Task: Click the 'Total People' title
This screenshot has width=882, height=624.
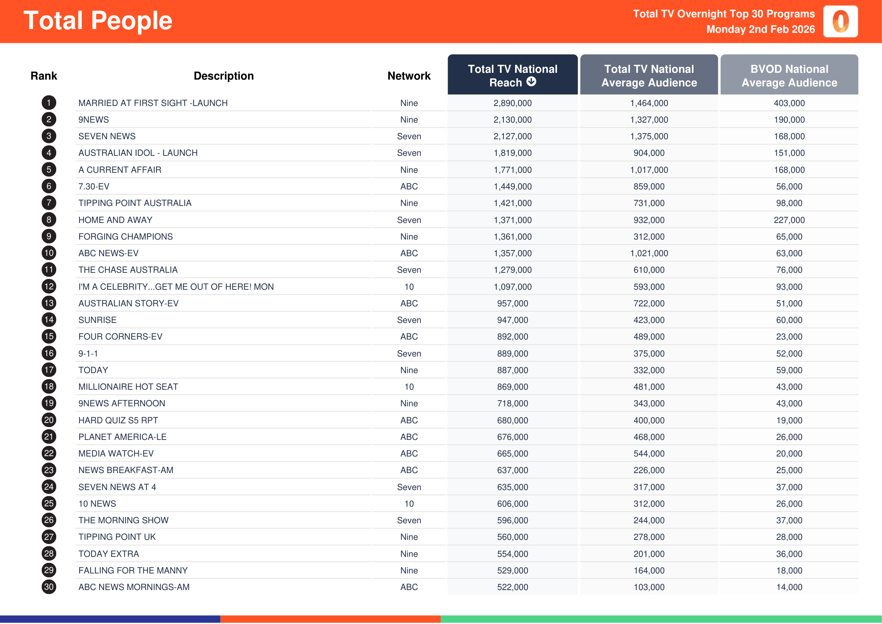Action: click(x=98, y=20)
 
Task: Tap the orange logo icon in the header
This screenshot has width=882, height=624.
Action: click(x=840, y=22)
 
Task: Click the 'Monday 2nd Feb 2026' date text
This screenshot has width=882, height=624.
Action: click(x=760, y=29)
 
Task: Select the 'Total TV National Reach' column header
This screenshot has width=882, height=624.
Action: click(x=512, y=75)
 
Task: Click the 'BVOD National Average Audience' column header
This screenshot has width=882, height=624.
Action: click(x=789, y=75)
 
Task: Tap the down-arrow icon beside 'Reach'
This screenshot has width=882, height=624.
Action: click(x=531, y=81)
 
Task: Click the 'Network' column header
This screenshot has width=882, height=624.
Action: click(x=409, y=76)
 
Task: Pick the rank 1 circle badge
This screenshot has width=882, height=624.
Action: click(x=49, y=103)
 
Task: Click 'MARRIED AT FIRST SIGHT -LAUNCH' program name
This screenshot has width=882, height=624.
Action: click(x=153, y=103)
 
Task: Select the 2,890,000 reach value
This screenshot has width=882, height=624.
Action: click(x=512, y=103)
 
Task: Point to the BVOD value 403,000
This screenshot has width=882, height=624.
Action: click(x=789, y=103)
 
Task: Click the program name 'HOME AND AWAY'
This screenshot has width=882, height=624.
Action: click(x=115, y=220)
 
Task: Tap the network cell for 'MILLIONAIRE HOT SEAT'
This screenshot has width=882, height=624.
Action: click(x=409, y=387)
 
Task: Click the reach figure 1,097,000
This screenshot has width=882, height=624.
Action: click(x=512, y=287)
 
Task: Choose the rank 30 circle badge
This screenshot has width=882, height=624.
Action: click(x=49, y=587)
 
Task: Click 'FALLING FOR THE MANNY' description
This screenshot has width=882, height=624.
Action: click(x=133, y=570)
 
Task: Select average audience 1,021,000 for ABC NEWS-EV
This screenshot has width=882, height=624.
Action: click(x=649, y=253)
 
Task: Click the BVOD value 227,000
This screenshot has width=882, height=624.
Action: click(x=789, y=220)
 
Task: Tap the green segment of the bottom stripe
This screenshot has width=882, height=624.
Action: click(x=661, y=619)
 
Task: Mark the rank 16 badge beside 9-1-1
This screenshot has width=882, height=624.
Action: click(x=49, y=353)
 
